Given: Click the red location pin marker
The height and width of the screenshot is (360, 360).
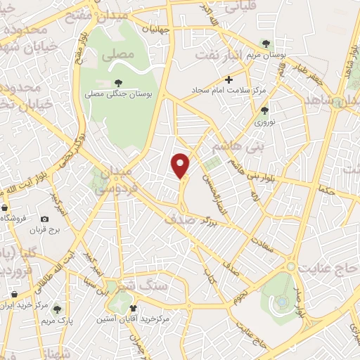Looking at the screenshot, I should (182, 165).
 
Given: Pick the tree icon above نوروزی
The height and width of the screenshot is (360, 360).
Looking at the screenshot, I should (264, 110).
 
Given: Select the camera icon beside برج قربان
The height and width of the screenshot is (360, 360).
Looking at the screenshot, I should (46, 219).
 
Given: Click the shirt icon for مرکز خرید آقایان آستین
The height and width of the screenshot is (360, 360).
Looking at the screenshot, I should (134, 308).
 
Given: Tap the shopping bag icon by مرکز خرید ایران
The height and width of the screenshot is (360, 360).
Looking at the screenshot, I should (14, 293).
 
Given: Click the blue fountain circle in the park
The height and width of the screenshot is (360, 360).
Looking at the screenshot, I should (282, 302).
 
